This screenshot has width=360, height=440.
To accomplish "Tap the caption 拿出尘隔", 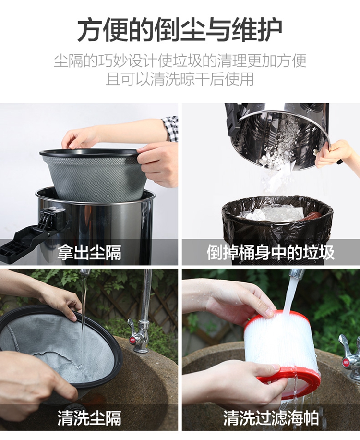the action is (90, 252).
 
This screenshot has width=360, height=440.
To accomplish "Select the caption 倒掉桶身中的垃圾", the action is (271, 252).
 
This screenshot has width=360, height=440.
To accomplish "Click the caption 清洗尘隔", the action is (90, 418).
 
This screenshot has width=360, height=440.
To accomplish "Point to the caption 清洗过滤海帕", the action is (271, 418).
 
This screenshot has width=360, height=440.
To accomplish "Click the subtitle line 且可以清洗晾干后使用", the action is (180, 79).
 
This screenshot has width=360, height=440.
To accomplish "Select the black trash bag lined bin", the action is (277, 222).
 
